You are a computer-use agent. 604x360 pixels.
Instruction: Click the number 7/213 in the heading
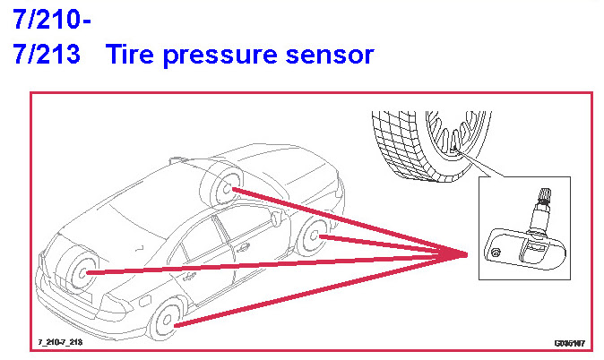[47, 56]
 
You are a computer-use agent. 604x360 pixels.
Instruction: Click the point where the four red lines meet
[467, 256]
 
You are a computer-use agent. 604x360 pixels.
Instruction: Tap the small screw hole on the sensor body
[496, 255]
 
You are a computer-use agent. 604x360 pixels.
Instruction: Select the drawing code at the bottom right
[569, 343]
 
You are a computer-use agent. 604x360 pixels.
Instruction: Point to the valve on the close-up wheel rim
[455, 145]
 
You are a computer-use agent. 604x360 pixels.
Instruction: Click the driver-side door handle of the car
[189, 276]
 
